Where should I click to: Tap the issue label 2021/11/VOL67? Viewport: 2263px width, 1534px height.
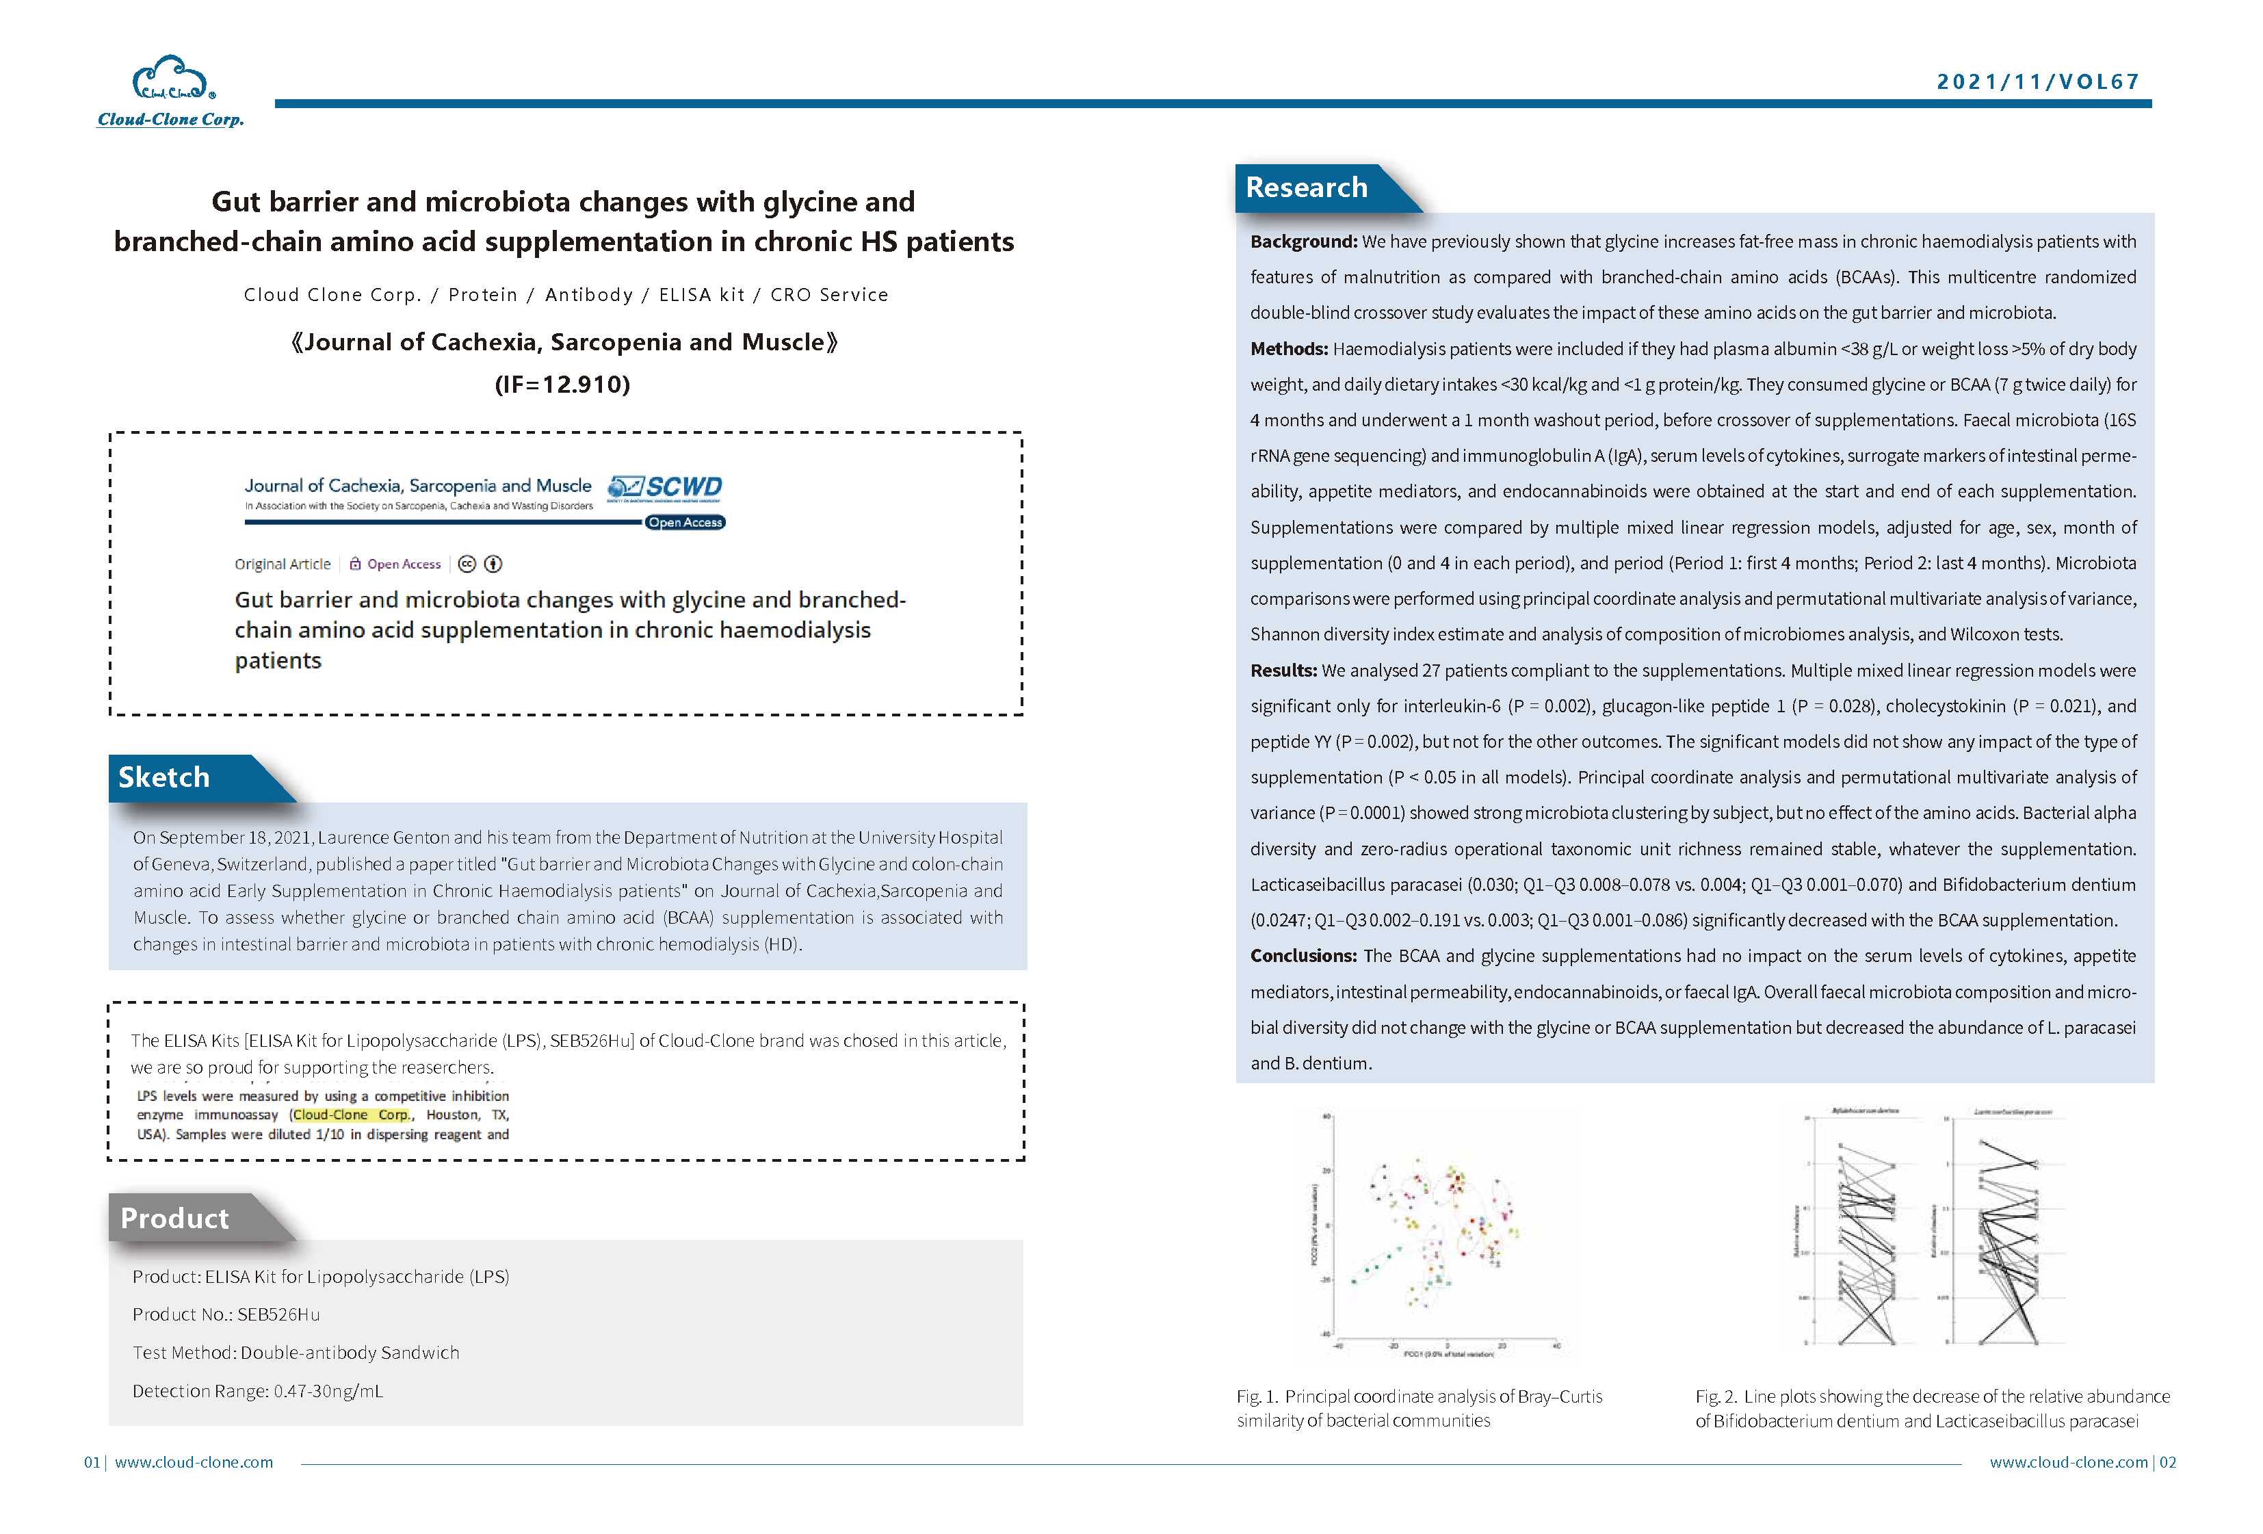2037,82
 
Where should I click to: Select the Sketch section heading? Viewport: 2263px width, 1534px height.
163,777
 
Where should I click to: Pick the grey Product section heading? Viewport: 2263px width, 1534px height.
174,1219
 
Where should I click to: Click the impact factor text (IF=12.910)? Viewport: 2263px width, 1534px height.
563,384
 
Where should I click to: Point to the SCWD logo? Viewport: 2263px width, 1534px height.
666,487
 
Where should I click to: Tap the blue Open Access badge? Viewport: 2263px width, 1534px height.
685,523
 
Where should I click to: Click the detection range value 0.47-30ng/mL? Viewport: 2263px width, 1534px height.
328,1391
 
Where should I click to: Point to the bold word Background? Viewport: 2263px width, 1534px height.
1303,242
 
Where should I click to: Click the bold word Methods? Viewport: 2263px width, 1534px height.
1288,349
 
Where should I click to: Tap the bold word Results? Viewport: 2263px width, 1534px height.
1283,670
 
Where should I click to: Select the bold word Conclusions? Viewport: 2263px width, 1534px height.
1303,955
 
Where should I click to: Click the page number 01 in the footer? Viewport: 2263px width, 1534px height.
92,1462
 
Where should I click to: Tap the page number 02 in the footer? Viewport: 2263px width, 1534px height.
2168,1462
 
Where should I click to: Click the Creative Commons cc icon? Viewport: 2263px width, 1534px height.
467,564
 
